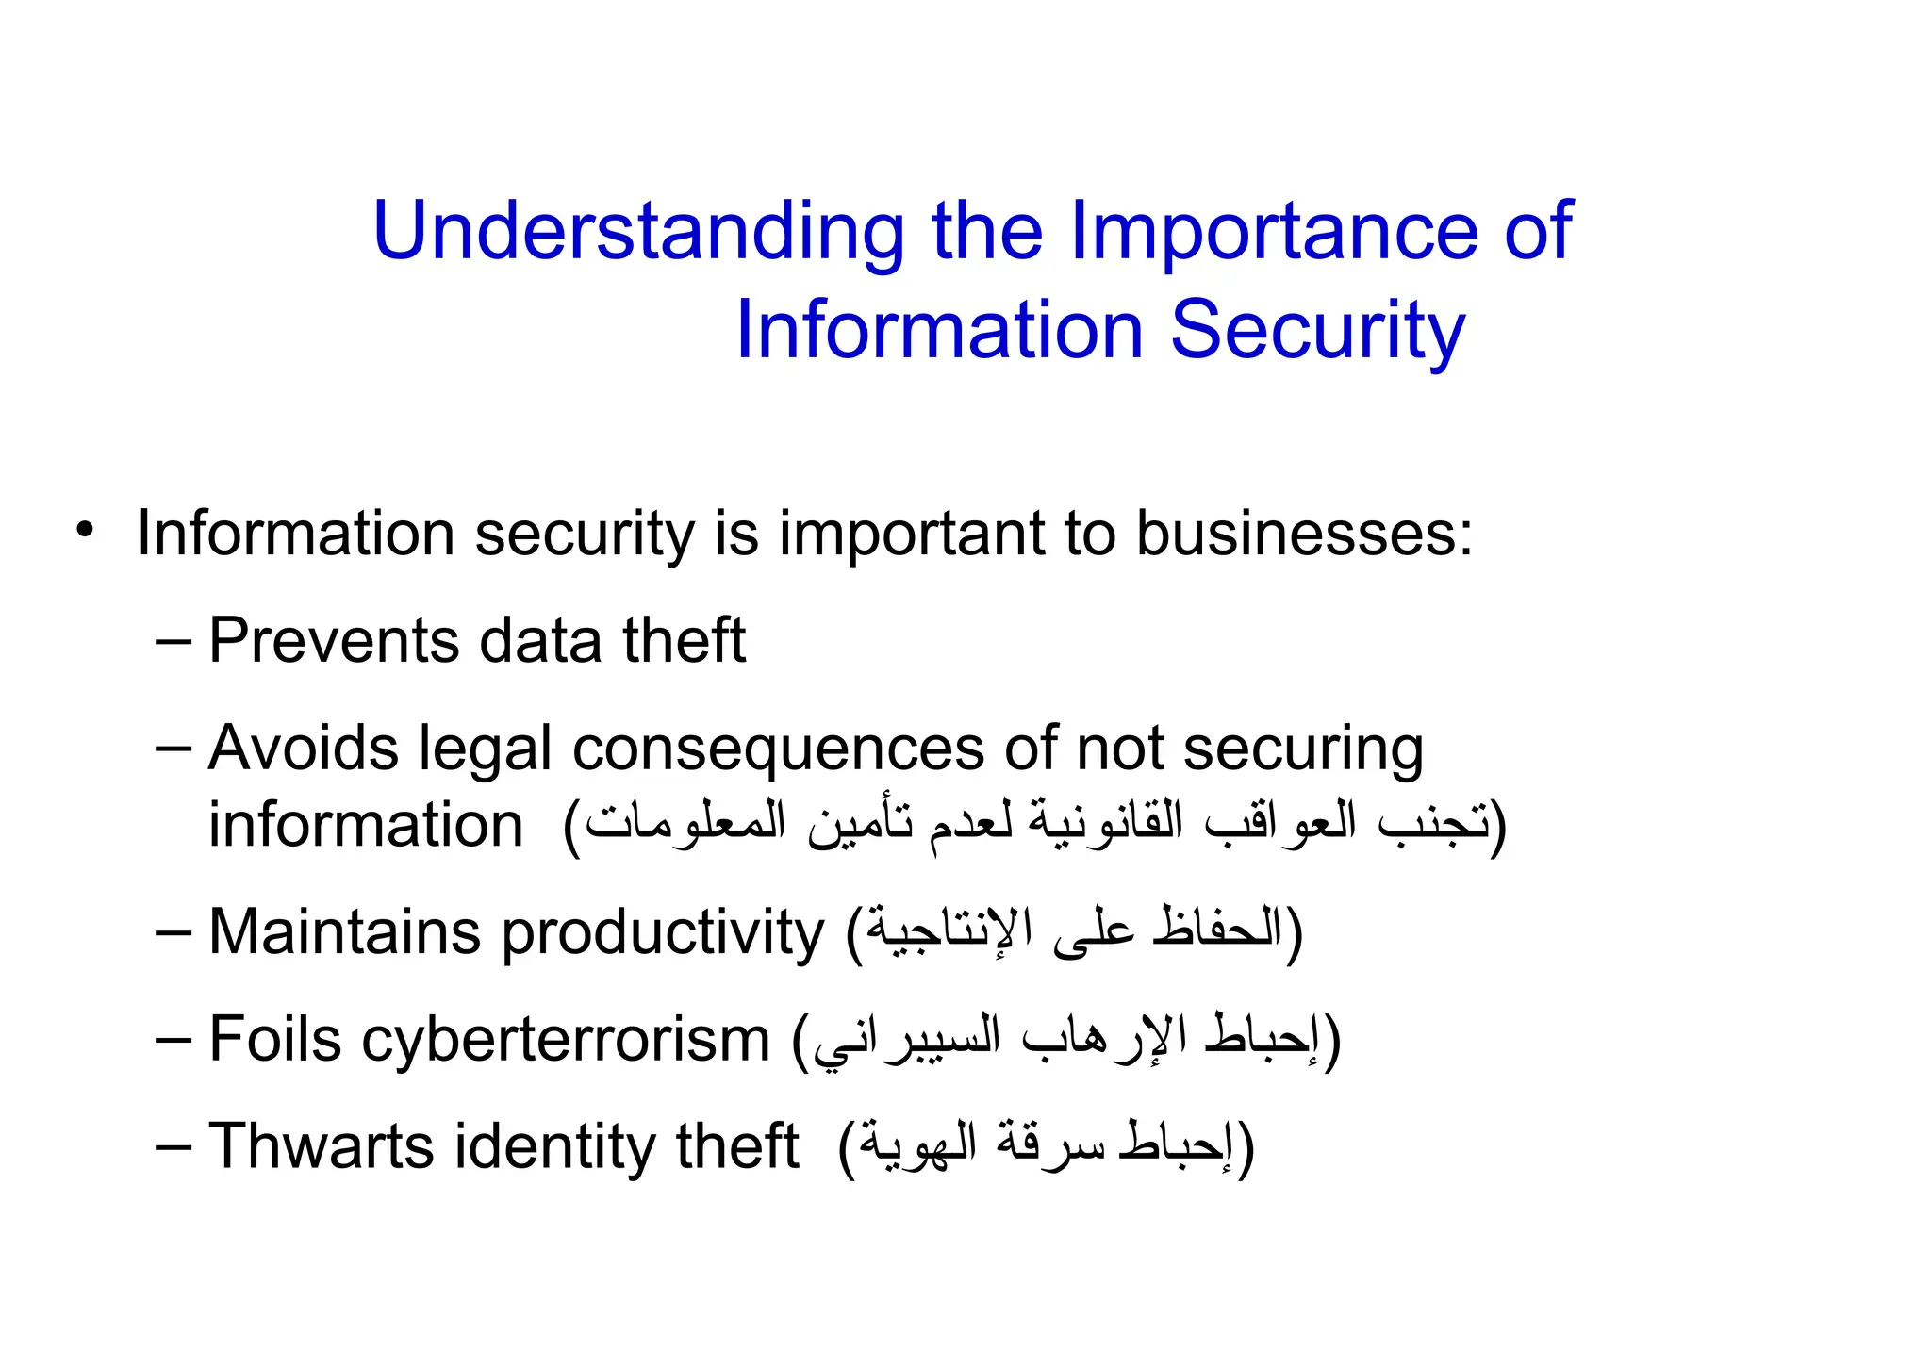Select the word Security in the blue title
pyautogui.click(x=1317, y=331)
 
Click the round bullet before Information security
pyautogui.click(x=86, y=530)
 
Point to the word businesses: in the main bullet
pyautogui.click(x=1304, y=534)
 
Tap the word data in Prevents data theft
pyautogui.click(x=540, y=641)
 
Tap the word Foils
pyautogui.click(x=274, y=1040)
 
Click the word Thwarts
pyautogui.click(x=321, y=1146)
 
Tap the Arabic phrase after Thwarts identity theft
pyautogui.click(x=1046, y=1146)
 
